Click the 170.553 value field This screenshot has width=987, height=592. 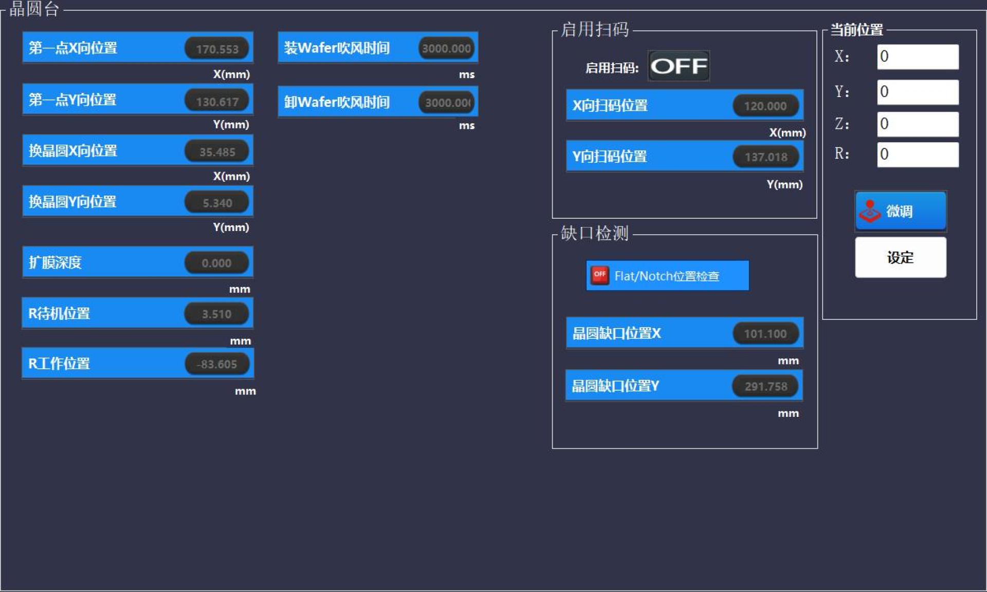tap(217, 49)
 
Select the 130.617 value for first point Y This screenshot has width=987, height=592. tap(217, 101)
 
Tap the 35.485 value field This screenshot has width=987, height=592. tap(217, 152)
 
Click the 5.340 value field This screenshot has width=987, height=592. tap(217, 203)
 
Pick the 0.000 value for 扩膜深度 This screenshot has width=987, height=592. tap(217, 263)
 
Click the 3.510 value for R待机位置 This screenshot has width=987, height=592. tap(217, 314)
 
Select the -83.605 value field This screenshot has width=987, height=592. tap(217, 364)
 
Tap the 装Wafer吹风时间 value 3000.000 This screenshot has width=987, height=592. tap(446, 48)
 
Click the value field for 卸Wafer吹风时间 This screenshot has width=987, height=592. tap(446, 102)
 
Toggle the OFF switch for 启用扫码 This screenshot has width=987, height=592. tap(679, 66)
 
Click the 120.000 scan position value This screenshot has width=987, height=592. tap(765, 106)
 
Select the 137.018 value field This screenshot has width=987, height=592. tap(765, 157)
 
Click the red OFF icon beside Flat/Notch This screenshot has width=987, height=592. tap(599, 275)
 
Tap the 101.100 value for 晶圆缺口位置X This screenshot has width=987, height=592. tap(765, 334)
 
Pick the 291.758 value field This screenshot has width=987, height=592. tap(765, 386)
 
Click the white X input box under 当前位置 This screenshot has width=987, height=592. tap(918, 56)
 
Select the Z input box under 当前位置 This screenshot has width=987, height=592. tap(918, 124)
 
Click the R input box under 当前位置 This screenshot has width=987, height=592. tap(918, 154)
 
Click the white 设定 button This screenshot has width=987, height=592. tap(901, 257)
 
